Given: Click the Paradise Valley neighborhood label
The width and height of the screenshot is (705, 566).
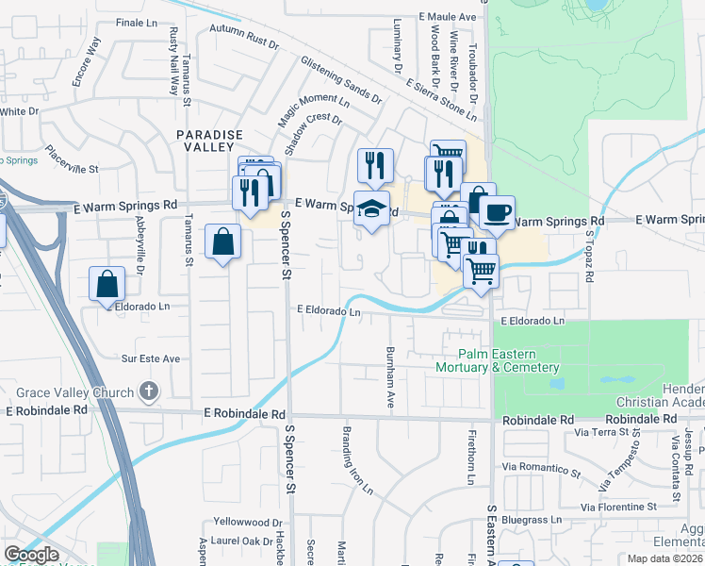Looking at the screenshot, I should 210,141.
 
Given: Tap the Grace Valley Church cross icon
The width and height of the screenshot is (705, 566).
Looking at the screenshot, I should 148,391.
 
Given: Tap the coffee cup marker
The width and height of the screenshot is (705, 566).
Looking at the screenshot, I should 497,212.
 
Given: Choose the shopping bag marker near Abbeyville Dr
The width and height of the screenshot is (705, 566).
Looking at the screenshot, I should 107,283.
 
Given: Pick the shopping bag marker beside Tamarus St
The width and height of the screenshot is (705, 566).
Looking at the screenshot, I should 222,242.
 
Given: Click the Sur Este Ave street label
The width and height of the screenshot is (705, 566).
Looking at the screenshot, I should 150,358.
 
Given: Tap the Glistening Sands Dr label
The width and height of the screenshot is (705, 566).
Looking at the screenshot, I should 340,79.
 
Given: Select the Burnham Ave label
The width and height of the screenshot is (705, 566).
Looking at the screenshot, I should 389,376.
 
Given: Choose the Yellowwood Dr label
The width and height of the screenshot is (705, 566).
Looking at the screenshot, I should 248,522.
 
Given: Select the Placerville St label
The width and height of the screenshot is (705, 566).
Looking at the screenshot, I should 72,161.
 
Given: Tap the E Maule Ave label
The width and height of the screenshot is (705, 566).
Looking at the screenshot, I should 449,17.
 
